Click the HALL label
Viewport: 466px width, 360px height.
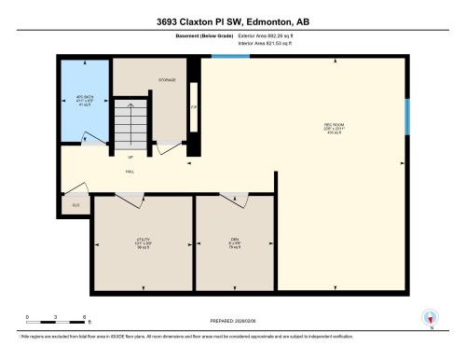tap(130, 173)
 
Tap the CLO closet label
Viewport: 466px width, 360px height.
tap(75, 202)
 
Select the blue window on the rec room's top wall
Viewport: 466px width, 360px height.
tap(229, 57)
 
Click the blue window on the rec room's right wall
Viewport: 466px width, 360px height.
tap(406, 118)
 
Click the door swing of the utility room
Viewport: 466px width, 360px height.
tap(130, 200)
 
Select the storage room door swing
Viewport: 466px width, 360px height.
tap(169, 147)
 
